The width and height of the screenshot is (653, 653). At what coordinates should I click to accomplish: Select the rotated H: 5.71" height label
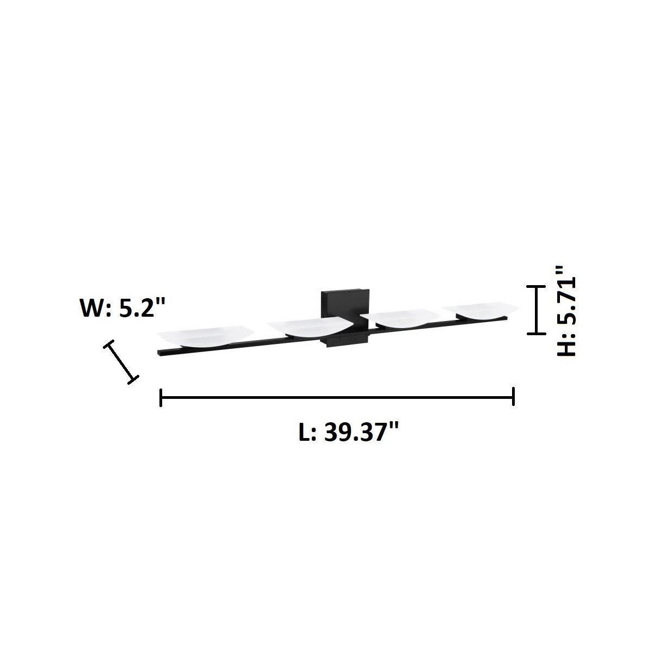[566, 310]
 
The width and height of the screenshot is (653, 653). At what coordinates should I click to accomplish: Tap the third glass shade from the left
[403, 318]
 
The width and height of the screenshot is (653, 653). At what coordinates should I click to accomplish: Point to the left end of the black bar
[159, 353]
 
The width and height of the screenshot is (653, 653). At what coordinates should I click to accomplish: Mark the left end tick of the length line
[161, 397]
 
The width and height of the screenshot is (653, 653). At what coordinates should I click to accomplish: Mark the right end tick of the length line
[513, 397]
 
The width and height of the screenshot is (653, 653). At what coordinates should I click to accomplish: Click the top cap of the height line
[537, 286]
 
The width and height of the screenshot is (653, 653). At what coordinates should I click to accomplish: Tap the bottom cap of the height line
[537, 333]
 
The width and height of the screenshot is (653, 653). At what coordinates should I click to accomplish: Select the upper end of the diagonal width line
[109, 344]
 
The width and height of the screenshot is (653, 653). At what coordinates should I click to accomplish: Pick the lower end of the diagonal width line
[132, 379]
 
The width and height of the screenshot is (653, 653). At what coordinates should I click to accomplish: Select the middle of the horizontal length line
[337, 397]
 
